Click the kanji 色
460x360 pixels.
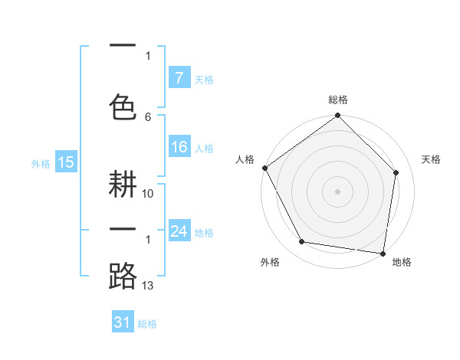point(123,105)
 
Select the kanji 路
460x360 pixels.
point(123,275)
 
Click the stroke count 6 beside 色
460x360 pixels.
point(148,116)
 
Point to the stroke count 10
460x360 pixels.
point(149,194)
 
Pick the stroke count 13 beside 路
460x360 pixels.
point(149,286)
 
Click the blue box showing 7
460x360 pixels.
point(179,78)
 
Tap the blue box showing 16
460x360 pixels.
point(179,148)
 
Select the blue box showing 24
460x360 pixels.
point(179,231)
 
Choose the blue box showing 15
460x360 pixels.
point(65,162)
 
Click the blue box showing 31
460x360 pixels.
point(122,322)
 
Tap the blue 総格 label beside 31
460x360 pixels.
point(147,324)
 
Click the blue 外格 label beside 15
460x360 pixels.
point(41,163)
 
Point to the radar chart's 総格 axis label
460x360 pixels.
point(338,100)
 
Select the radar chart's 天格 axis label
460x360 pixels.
point(432,159)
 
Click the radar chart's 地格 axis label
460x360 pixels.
point(402,263)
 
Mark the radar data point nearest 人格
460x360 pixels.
point(264,168)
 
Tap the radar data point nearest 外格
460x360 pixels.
point(301,242)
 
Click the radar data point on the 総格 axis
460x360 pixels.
point(338,116)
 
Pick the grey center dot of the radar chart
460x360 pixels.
point(338,191)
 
